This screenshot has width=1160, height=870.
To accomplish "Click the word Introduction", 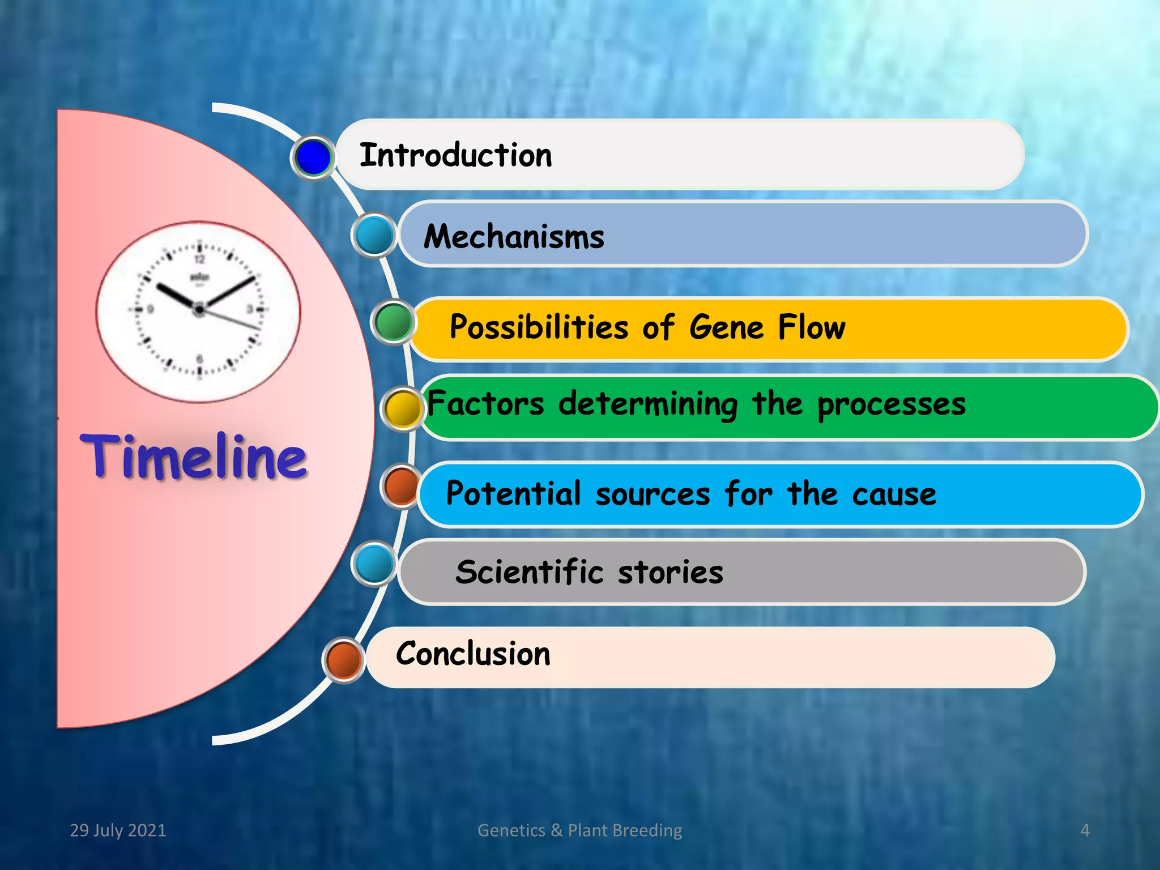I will click(x=455, y=155).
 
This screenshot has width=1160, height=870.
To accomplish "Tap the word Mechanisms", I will click(x=514, y=237).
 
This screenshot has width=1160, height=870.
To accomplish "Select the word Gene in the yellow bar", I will click(x=727, y=327).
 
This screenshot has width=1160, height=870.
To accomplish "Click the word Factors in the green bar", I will click(x=485, y=404).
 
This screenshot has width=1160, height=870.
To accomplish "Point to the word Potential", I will click(x=513, y=493).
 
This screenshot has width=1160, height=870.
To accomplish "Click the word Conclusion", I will click(x=473, y=654).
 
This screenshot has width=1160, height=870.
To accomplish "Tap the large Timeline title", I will click(x=194, y=457).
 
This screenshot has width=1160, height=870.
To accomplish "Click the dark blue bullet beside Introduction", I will click(x=313, y=157).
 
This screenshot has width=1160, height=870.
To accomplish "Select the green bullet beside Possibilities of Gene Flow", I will click(x=393, y=322).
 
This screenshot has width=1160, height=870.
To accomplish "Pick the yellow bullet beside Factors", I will click(x=403, y=409).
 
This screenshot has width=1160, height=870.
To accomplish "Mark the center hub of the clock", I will click(x=199, y=310).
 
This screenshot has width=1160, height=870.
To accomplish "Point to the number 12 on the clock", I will click(x=199, y=259).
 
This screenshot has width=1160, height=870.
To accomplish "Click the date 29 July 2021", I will click(x=118, y=830).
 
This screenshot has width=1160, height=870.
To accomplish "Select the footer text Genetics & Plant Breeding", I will click(x=579, y=830).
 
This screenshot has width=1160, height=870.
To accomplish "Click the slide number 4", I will click(x=1085, y=830).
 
